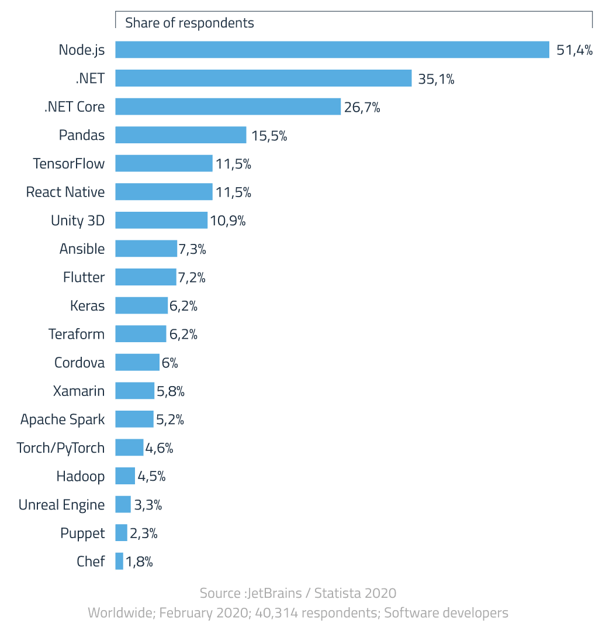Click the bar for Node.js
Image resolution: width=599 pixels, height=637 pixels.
tap(332, 50)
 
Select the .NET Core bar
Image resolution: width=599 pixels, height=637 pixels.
tap(228, 106)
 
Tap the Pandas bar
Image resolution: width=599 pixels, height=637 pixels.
tap(181, 135)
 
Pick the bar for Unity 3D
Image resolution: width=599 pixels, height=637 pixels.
tap(161, 221)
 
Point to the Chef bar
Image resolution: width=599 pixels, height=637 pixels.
tap(119, 562)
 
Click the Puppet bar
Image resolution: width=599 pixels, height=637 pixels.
tap(121, 533)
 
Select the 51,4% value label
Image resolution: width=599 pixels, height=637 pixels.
tap(574, 50)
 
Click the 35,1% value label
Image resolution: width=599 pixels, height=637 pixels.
tap(436, 78)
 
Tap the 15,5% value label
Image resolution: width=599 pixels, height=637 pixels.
tap(269, 136)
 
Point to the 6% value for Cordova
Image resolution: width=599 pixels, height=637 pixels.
tap(169, 363)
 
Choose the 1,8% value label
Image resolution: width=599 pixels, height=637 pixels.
tap(139, 562)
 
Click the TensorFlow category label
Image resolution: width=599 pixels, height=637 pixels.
tap(68, 163)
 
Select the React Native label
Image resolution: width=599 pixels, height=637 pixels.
tap(65, 192)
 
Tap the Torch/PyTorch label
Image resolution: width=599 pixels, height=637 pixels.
tap(61, 448)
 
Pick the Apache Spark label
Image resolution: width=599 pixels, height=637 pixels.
tap(63, 419)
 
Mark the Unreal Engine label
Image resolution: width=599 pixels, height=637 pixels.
tap(61, 505)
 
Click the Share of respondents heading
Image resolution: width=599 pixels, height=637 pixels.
tap(189, 23)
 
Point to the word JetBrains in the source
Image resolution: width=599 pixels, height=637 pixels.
tap(275, 593)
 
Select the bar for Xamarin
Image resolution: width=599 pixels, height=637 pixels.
tap(135, 391)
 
